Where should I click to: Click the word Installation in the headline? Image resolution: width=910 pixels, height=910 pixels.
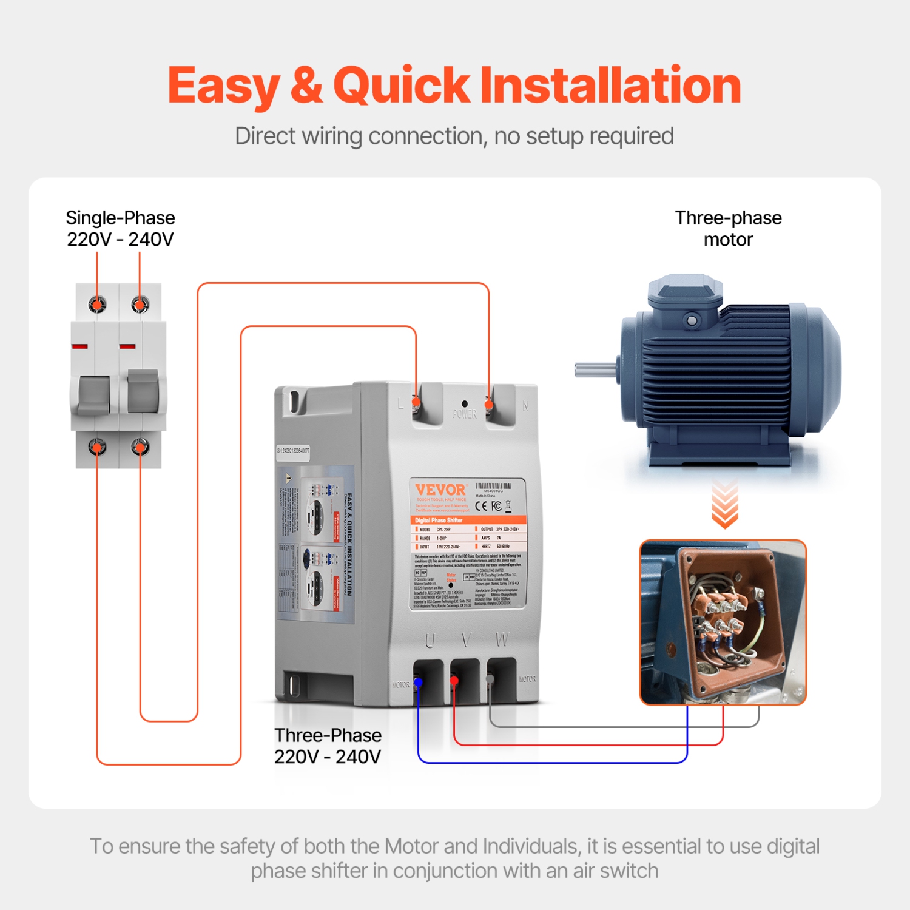pos(610,85)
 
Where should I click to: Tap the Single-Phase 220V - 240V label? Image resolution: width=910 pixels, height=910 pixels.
pos(120,229)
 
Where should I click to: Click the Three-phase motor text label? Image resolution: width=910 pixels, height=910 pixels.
pos(728,229)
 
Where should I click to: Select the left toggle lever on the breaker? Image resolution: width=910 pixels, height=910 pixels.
pos(94,394)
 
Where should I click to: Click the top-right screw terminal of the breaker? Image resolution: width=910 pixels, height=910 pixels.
pos(140,304)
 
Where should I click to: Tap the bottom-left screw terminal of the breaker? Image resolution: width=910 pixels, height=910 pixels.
pos(97,448)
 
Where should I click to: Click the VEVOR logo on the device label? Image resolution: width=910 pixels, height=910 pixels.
pos(440,490)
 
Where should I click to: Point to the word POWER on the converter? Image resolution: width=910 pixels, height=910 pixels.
pos(464,414)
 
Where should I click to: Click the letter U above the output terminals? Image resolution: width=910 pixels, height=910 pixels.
pos(430,640)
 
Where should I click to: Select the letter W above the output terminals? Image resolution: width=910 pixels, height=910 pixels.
pos(502,639)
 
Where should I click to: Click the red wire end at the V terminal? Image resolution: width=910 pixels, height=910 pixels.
pos(454,681)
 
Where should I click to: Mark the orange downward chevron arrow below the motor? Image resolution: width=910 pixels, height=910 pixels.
pos(724,505)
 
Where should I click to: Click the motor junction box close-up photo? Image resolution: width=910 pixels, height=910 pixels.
pos(723,622)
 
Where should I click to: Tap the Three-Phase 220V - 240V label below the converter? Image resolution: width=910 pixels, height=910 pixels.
pos(328,746)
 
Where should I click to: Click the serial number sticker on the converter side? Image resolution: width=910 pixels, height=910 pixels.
pos(293,451)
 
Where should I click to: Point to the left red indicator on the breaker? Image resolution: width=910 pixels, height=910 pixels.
pos(79,346)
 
